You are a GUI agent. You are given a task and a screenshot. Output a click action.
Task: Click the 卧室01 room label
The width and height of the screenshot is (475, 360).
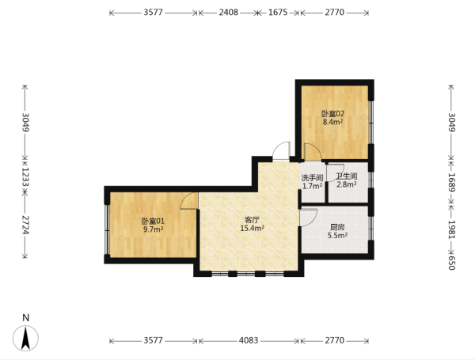click(153, 222)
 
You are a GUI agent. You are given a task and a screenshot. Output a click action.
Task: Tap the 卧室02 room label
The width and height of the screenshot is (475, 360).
click(332, 114)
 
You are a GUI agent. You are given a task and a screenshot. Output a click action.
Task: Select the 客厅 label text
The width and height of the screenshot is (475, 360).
click(252, 220)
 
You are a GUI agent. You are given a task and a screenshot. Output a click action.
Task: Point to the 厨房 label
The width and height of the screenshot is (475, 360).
click(337, 227)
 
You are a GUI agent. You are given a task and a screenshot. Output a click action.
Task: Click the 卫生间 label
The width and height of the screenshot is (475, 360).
click(347, 176)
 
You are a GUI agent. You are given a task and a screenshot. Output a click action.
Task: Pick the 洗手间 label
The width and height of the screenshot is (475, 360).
click(312, 178)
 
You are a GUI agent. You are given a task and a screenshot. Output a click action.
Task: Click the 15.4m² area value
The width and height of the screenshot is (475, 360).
click(252, 229)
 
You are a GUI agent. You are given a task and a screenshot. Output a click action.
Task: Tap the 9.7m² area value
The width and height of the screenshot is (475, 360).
click(153, 229)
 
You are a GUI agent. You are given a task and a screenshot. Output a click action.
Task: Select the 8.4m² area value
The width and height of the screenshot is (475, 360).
click(332, 122)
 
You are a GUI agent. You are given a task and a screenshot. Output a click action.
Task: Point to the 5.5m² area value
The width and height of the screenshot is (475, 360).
click(337, 236)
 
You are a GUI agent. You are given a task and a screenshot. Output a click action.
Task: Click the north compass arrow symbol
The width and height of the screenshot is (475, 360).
click(26, 338)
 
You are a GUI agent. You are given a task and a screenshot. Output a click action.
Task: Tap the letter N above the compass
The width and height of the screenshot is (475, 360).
click(26, 318)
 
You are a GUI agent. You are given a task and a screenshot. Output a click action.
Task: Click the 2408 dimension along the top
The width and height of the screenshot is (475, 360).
click(229, 13)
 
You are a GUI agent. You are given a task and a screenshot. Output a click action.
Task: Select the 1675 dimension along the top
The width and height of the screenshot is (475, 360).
click(278, 13)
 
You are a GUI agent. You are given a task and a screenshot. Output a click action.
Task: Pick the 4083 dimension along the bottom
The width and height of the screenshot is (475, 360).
click(249, 341)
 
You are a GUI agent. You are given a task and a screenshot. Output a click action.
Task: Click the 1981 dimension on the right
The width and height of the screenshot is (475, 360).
click(451, 229)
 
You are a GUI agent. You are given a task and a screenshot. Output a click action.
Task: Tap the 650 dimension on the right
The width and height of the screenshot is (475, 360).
click(451, 263)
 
